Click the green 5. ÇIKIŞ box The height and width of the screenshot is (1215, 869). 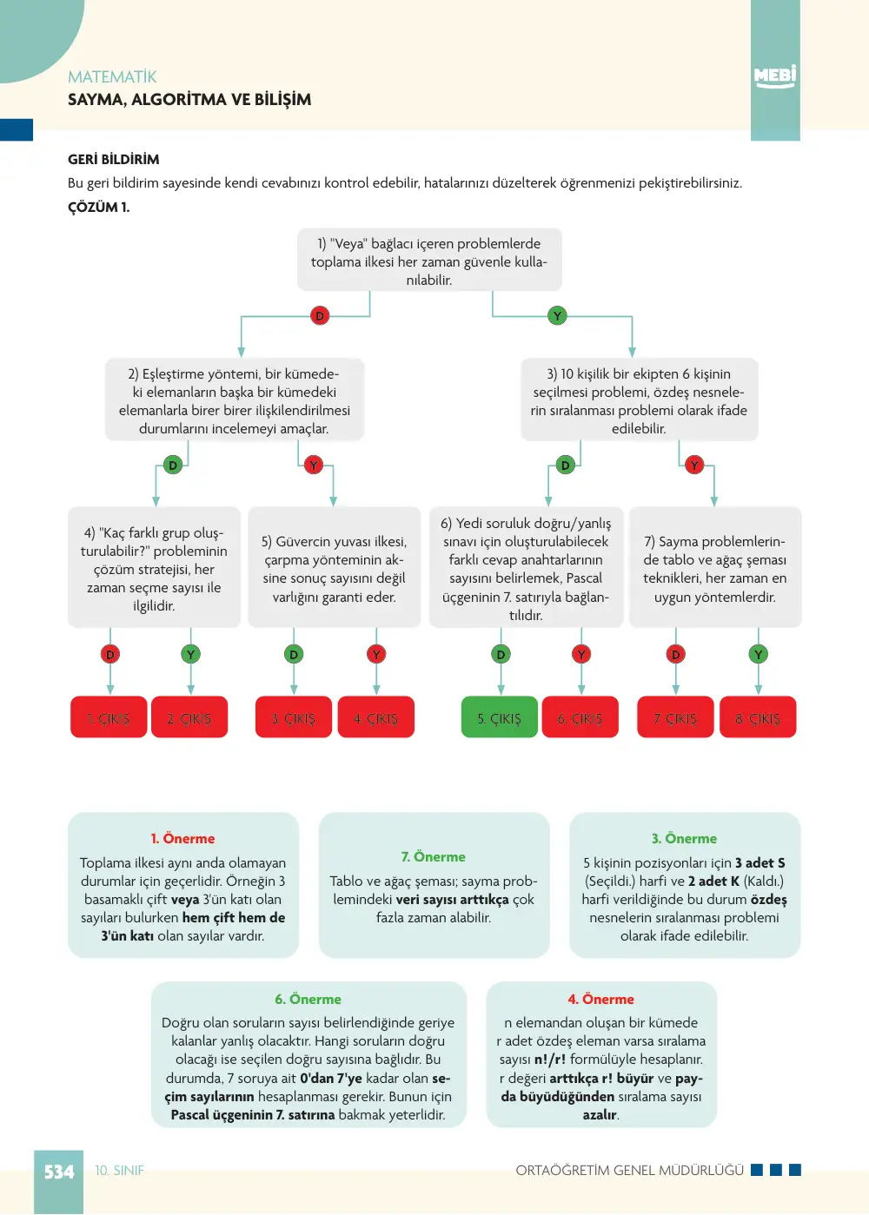(500, 717)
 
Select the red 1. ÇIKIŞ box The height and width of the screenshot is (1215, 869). (109, 717)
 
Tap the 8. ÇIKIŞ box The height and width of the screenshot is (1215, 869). (758, 717)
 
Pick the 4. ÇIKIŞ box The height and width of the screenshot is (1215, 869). (375, 717)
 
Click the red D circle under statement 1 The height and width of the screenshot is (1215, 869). (320, 315)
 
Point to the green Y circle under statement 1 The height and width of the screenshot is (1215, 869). (557, 315)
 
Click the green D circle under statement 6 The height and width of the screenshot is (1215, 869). (501, 654)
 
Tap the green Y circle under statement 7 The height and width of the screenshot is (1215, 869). (759, 654)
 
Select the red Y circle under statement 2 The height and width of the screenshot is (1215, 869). (313, 465)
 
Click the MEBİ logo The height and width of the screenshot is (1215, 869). (775, 76)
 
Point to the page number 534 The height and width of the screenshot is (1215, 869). (58, 1172)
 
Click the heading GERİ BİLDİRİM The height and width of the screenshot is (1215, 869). (114, 160)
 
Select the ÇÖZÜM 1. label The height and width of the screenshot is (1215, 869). (99, 208)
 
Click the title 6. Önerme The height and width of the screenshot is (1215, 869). (308, 999)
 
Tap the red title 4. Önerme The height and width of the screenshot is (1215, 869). (600, 999)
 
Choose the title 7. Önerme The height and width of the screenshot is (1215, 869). (433, 856)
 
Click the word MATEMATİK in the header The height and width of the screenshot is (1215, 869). (112, 77)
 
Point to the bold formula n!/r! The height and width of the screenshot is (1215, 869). (550, 1060)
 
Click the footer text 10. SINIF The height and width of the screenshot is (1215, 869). (119, 1171)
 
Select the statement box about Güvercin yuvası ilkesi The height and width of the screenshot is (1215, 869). (335, 567)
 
